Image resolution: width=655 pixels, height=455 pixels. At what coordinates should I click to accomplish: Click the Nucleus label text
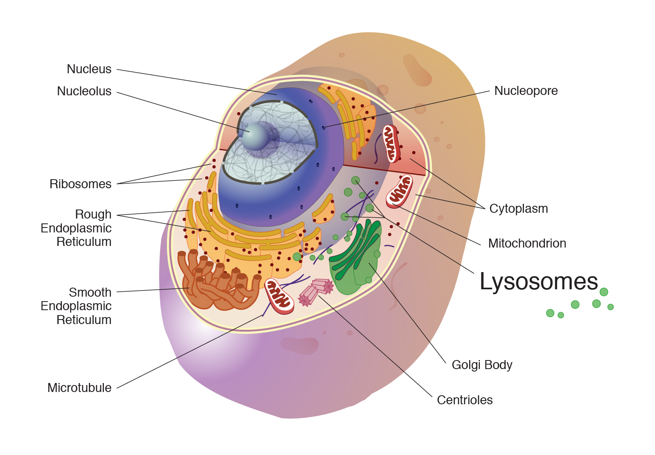click(89, 69)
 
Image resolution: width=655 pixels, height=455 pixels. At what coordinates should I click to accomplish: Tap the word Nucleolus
click(84, 91)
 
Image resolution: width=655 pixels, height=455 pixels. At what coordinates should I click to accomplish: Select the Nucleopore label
click(526, 91)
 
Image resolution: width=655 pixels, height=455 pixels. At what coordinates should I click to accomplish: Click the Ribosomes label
click(80, 184)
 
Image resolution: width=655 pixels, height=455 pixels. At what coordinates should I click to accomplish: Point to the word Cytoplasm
click(518, 209)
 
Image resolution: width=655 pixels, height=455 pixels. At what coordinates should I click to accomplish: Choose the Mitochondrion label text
click(527, 243)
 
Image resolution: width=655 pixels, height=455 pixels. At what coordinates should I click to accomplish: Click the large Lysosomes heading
click(538, 282)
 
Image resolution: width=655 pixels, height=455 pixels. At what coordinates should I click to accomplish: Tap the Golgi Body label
click(482, 365)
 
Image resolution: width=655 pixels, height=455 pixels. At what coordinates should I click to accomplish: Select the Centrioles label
click(465, 400)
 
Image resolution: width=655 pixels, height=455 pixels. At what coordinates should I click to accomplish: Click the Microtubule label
click(79, 388)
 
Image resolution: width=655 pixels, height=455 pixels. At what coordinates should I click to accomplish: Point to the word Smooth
click(90, 293)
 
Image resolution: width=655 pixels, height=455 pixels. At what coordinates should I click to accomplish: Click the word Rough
click(93, 214)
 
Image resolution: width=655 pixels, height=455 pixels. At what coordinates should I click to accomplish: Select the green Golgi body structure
click(355, 258)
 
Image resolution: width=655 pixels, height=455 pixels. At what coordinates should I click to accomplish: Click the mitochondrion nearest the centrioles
click(279, 296)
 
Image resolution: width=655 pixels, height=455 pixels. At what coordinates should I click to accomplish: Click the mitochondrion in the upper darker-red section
click(391, 144)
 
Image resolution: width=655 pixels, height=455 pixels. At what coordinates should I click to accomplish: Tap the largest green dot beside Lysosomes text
click(604, 292)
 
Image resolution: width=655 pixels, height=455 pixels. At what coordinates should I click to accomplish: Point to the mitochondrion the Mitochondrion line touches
click(400, 191)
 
